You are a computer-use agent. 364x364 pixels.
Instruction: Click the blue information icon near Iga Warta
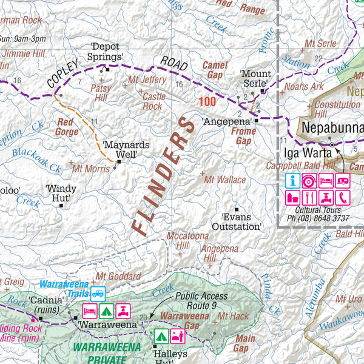293,181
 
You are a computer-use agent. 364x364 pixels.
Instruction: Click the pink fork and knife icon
310,197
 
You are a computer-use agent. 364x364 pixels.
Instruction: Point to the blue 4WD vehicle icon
98,292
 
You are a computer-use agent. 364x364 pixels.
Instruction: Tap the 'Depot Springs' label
107,53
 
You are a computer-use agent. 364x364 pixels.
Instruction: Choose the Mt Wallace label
225,180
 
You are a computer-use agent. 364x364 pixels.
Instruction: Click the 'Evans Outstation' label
241,221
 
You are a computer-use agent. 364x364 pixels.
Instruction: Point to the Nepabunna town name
332,128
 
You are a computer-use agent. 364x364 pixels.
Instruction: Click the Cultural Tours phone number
317,218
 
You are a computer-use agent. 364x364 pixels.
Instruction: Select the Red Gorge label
67,126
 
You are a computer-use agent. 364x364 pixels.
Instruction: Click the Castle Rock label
153,101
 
